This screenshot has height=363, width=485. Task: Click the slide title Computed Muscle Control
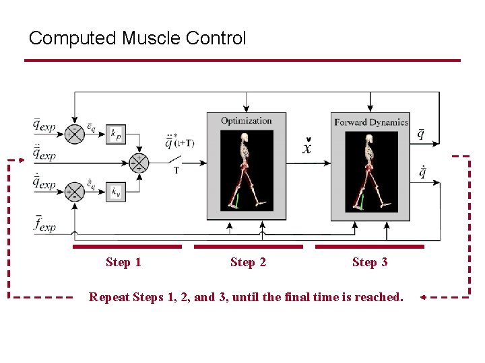pos(137,38)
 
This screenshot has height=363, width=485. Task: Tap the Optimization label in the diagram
pos(247,121)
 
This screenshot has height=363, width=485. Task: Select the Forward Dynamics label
pos(371,122)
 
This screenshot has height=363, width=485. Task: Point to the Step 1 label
pos(123,262)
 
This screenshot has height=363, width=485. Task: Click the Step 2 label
pos(248,262)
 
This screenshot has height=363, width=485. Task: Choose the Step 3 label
pos(370,262)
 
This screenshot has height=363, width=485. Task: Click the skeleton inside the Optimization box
pos(247,171)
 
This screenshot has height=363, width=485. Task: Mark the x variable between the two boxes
pos(307,147)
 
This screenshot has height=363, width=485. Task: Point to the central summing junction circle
pos(138,162)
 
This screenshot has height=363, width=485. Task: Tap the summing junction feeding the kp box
pos(74,133)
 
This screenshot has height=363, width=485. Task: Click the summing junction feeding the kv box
pos(74,192)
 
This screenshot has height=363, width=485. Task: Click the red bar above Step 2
pos(248,247)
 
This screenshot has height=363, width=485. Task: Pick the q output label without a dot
pos(421,134)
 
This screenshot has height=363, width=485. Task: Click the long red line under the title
pos(243,61)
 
